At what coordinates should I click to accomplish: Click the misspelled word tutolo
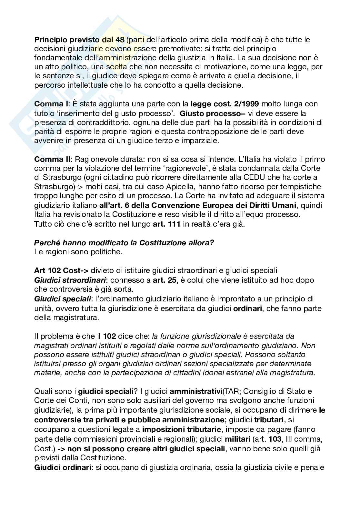43,113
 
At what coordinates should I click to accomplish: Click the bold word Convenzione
181,205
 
